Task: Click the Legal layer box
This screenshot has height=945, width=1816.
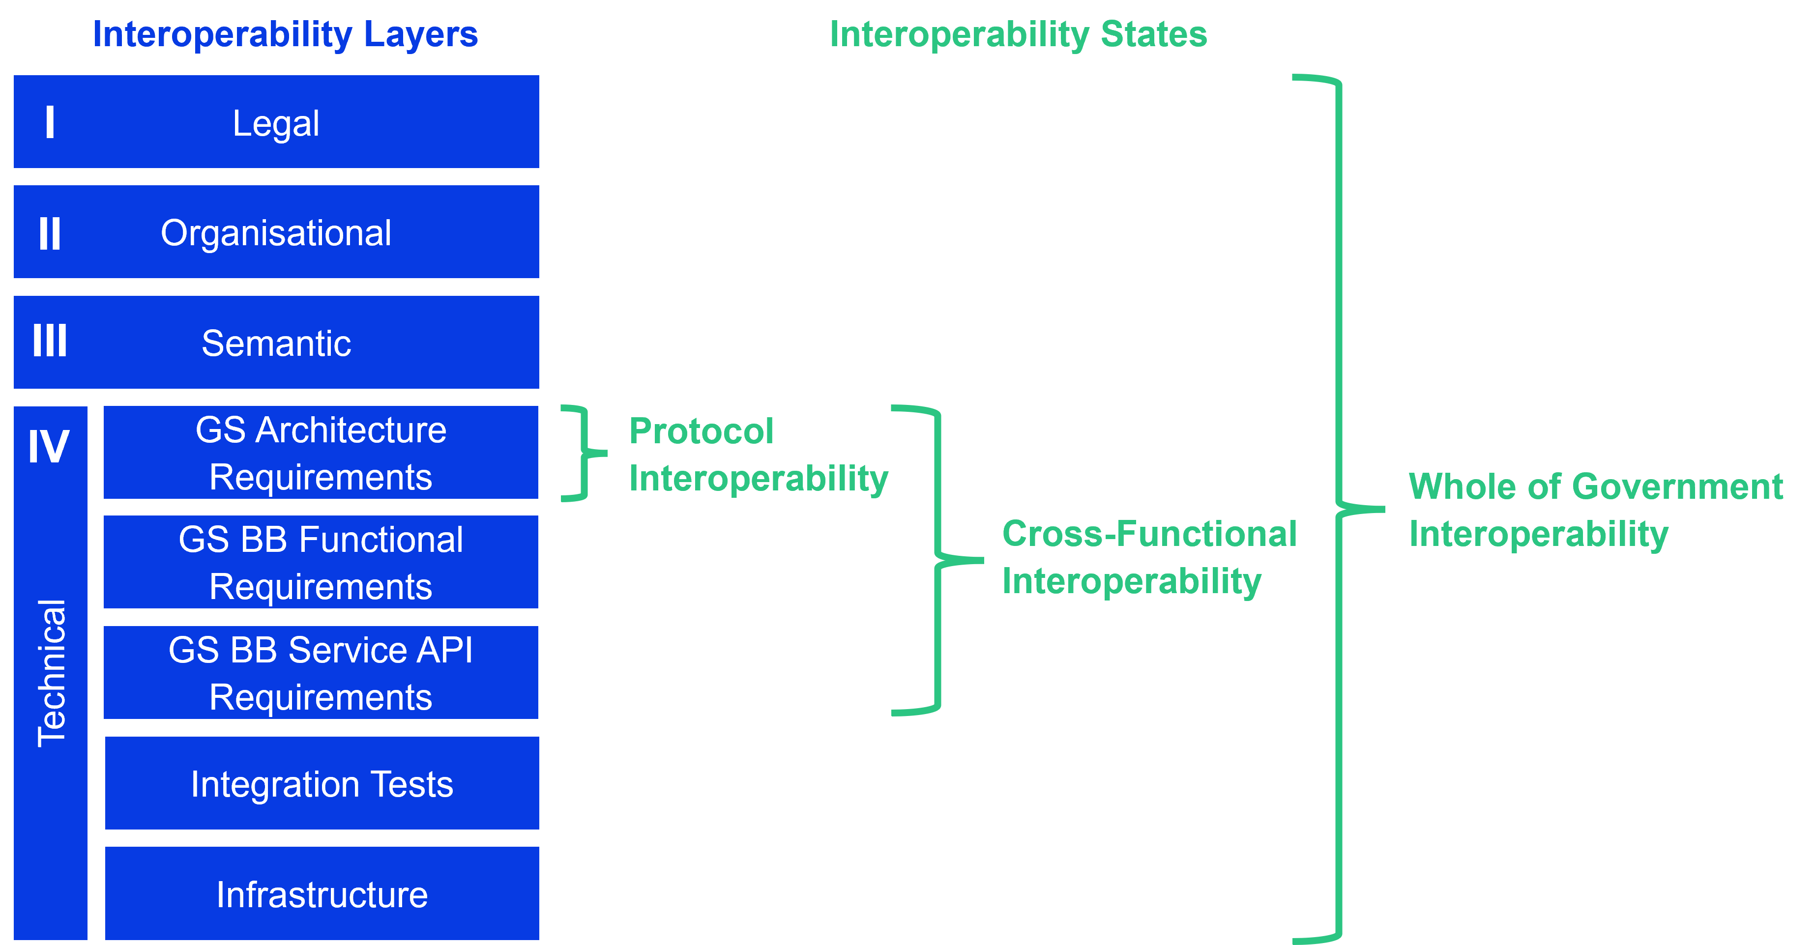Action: (276, 122)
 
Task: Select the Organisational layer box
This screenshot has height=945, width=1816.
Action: (276, 232)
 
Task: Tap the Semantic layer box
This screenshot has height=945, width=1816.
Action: (276, 343)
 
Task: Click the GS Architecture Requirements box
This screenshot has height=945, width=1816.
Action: (321, 453)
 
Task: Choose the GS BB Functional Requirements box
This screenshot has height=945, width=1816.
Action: (321, 562)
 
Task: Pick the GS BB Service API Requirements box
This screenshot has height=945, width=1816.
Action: (321, 672)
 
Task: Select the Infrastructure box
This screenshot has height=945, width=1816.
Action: (322, 893)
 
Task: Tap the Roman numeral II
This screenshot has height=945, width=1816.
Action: (49, 233)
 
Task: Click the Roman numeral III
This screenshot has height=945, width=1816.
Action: (49, 341)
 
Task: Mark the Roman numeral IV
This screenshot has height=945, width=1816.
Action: (49, 446)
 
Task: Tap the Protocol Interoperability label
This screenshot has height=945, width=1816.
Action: (758, 455)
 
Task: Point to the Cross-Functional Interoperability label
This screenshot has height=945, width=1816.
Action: (1149, 557)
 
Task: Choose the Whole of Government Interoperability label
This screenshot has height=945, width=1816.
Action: (1595, 510)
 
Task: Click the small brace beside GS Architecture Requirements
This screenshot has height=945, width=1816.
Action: (583, 453)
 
